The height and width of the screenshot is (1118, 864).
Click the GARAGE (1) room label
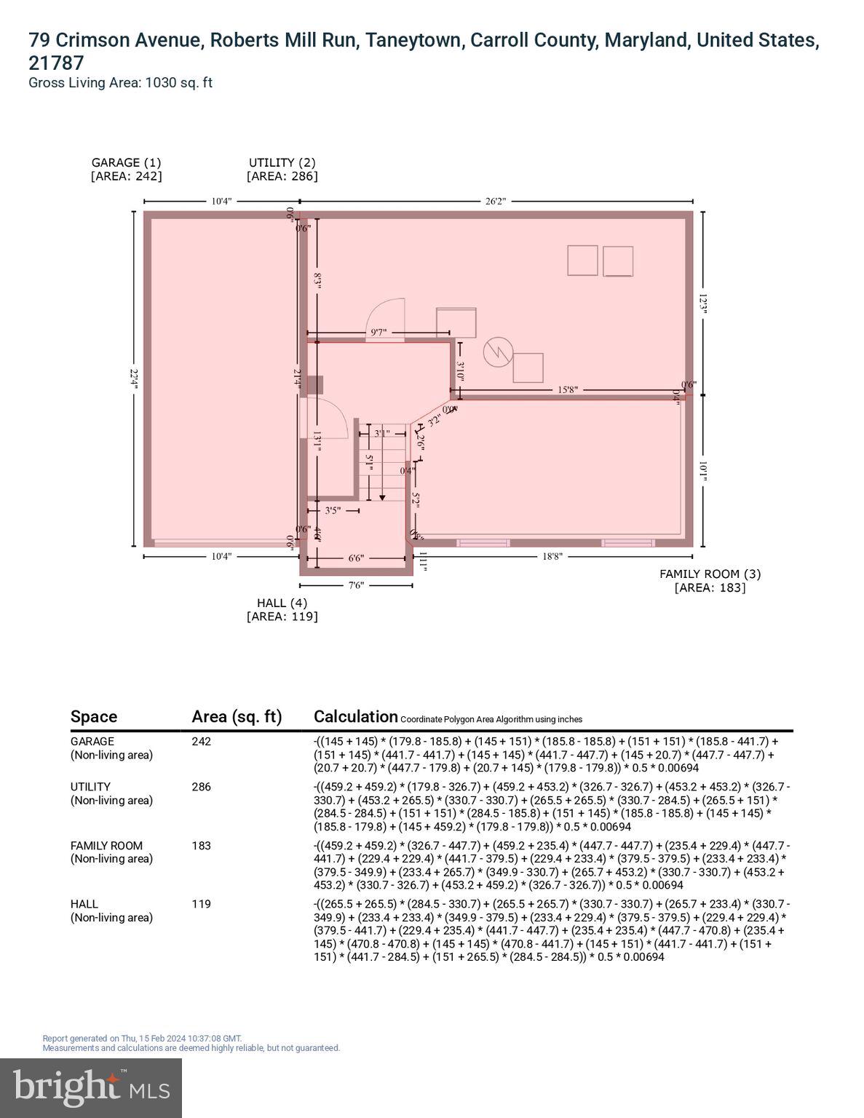click(x=126, y=162)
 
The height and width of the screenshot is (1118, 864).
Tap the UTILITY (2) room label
click(x=282, y=162)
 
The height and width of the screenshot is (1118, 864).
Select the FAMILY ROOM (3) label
click(x=710, y=574)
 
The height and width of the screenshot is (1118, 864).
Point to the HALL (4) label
click(x=282, y=603)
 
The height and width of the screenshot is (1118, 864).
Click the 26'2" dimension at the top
click(x=495, y=201)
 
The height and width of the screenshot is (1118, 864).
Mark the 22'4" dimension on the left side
click(x=133, y=378)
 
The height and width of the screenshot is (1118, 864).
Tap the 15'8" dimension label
click(x=568, y=389)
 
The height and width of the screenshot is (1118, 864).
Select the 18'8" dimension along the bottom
click(x=552, y=556)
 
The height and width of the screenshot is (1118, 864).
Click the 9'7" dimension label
click(x=379, y=332)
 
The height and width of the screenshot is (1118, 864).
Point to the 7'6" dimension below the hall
click(x=355, y=584)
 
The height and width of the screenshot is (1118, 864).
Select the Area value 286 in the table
click(x=201, y=787)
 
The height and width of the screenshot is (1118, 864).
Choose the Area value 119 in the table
click(x=201, y=904)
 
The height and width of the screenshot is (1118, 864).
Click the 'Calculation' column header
click(x=355, y=716)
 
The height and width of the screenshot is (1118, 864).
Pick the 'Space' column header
click(x=93, y=716)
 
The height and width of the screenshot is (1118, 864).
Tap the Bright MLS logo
click(x=91, y=1087)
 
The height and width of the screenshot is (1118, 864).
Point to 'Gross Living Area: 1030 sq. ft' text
click(x=120, y=82)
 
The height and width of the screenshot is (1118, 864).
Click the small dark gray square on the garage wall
click(x=314, y=385)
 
